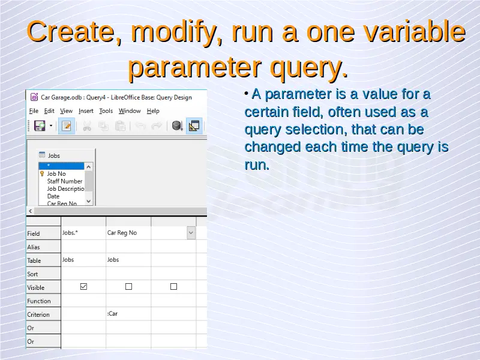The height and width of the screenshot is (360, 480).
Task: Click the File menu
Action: (x=34, y=111)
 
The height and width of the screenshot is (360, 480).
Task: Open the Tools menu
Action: (x=106, y=111)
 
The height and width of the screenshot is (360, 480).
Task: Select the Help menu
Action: (x=153, y=111)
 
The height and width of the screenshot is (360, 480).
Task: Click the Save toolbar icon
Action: (x=40, y=126)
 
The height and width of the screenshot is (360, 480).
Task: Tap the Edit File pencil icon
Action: (x=67, y=126)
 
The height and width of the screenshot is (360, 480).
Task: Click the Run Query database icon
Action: (x=177, y=126)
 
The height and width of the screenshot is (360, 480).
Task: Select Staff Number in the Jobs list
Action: (x=65, y=181)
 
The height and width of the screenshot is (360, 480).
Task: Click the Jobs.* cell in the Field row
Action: (x=83, y=233)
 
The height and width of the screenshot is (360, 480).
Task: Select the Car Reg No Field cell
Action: (x=128, y=233)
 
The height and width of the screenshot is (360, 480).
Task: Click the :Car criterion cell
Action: (x=128, y=313)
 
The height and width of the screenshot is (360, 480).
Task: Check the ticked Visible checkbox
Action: (x=83, y=287)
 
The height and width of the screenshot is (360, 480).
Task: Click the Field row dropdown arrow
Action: (x=191, y=233)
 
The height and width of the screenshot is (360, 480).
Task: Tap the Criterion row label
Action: (x=38, y=314)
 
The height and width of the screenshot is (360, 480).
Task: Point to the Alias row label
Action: (x=34, y=247)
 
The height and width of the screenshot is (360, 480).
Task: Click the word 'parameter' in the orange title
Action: (x=194, y=67)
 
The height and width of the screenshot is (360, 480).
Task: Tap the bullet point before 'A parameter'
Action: (x=247, y=94)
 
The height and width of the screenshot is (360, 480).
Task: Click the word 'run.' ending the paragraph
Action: (x=257, y=165)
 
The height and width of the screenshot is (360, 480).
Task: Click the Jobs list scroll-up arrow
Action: (x=88, y=167)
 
